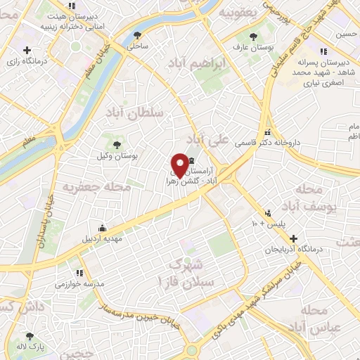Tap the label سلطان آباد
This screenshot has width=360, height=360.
136,112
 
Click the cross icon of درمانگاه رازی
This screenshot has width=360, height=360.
27,50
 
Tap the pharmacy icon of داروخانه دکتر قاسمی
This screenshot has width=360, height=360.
266,132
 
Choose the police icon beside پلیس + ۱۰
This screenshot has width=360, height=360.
268,213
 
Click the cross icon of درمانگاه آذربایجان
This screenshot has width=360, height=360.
293,239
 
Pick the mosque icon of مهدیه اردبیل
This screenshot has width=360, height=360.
103,228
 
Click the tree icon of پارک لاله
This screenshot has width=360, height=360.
29,337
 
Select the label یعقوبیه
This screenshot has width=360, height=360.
235,13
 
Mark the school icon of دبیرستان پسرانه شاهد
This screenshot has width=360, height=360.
323,51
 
